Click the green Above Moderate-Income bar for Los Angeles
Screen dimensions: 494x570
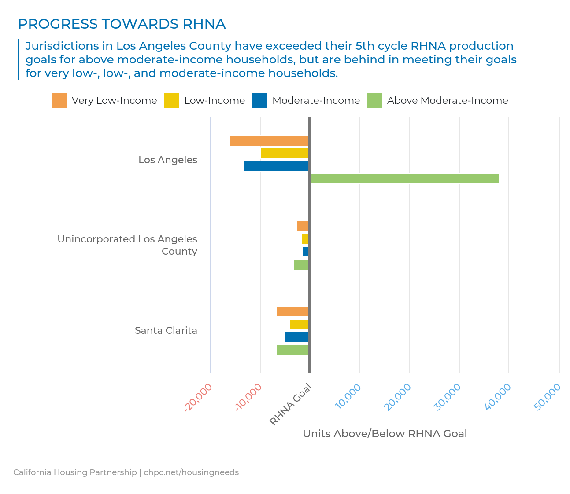(404, 179)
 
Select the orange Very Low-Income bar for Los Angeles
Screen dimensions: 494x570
(269, 141)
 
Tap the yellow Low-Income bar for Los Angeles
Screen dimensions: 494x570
(285, 153)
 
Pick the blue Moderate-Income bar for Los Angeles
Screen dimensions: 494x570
(276, 166)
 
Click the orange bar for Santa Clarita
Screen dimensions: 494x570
(292, 311)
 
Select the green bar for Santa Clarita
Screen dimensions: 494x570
(292, 350)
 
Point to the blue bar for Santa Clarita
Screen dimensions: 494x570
(297, 337)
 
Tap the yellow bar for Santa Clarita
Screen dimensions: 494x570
(299, 325)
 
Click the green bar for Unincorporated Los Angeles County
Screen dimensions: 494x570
(301, 265)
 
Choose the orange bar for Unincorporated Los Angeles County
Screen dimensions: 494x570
(303, 226)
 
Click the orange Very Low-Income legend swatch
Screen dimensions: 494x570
(59, 100)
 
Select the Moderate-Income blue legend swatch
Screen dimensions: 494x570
(259, 100)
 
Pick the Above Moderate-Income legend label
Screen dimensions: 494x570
(447, 100)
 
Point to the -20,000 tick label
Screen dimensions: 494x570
(199, 397)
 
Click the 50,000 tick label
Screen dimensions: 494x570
(548, 397)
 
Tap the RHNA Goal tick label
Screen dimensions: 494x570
(291, 404)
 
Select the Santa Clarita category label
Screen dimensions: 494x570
(166, 330)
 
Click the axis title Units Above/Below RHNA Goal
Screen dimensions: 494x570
(385, 434)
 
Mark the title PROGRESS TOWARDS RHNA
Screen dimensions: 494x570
(122, 24)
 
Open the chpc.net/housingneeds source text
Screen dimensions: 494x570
(191, 472)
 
